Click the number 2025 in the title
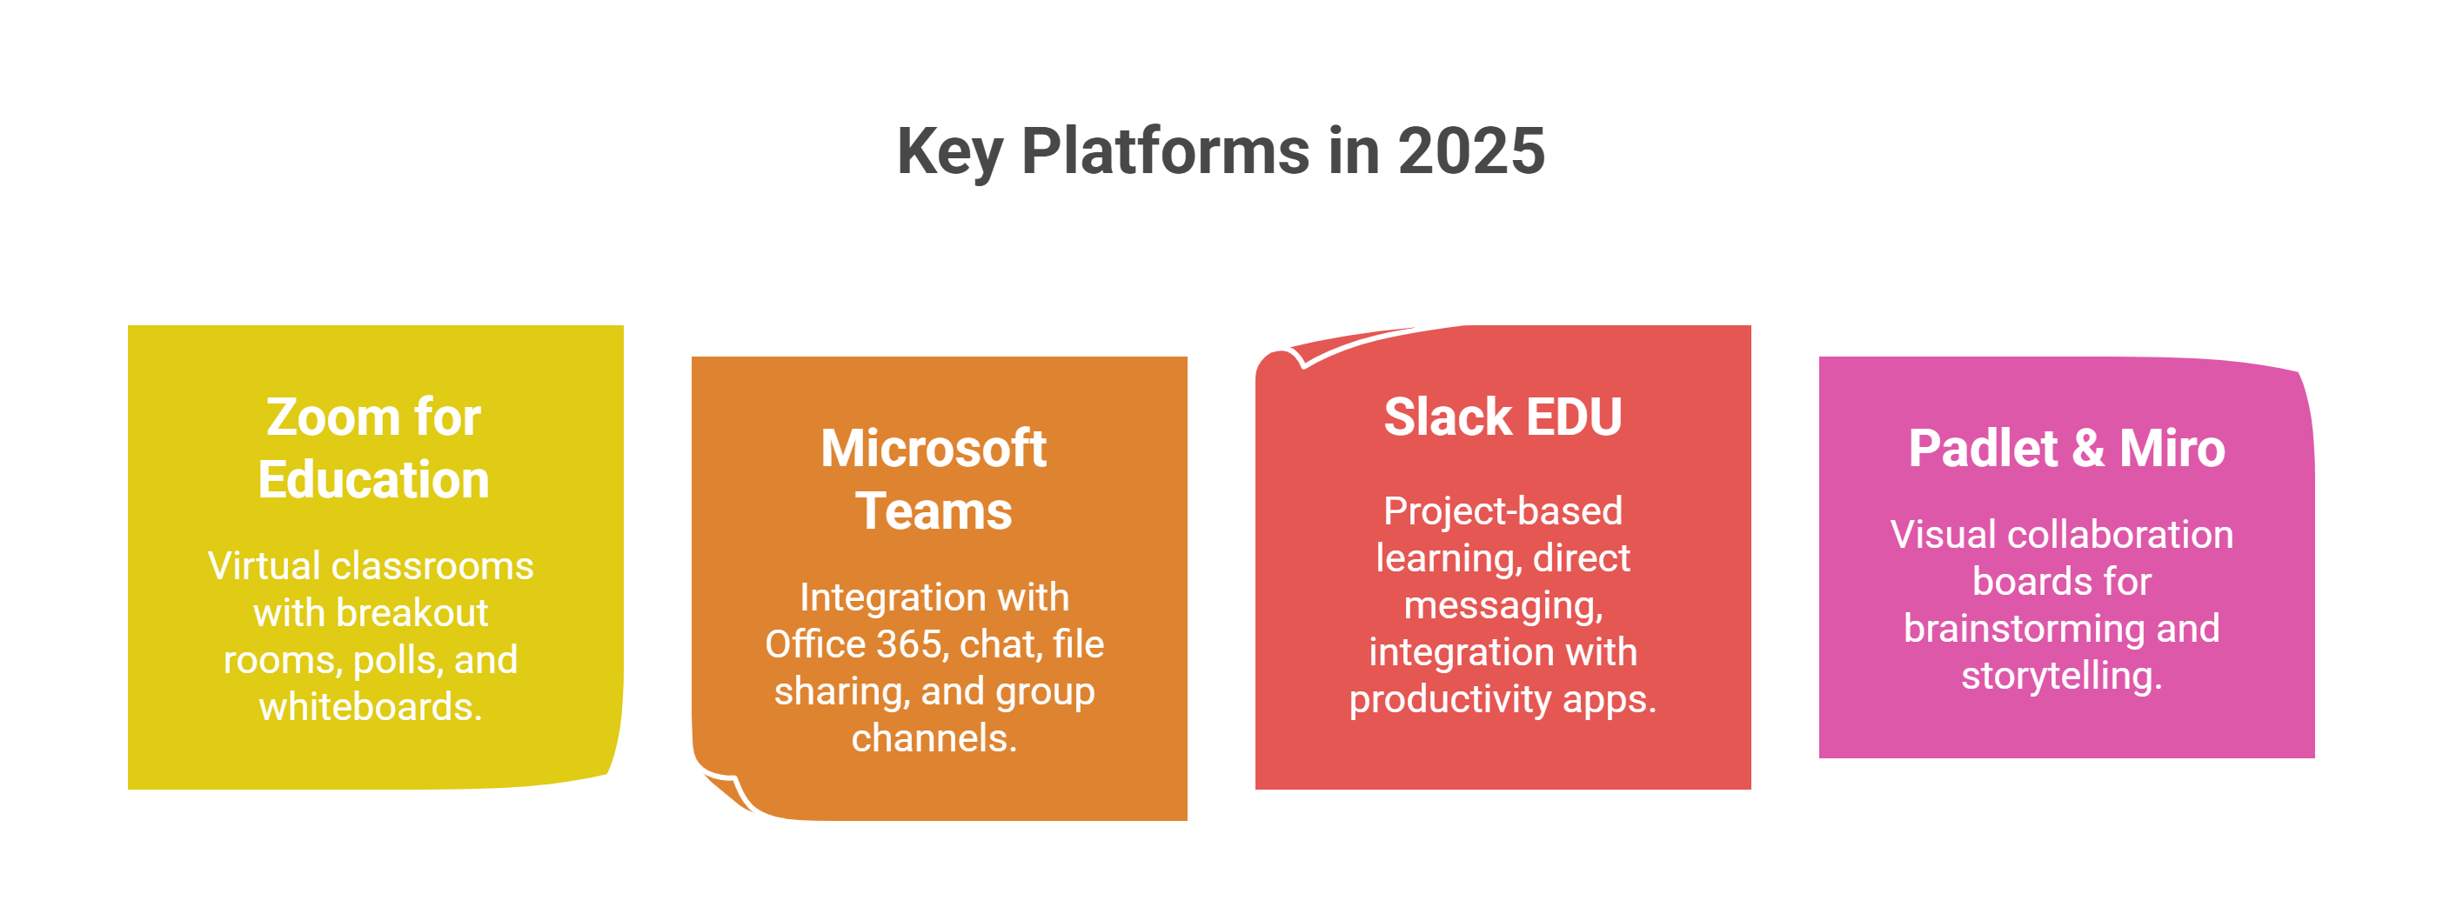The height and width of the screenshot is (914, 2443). [1471, 151]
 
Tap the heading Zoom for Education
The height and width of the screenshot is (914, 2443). [373, 448]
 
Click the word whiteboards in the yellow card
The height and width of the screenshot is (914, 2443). [370, 706]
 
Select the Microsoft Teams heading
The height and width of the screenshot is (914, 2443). [934, 479]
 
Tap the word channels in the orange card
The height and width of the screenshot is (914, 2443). [934, 737]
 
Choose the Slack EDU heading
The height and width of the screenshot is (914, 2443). [1503, 417]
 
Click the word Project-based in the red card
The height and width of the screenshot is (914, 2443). [1503, 511]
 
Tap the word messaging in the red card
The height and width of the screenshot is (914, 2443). [1503, 606]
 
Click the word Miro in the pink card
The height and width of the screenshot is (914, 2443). [2172, 449]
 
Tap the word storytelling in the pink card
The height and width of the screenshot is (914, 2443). [2061, 676]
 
